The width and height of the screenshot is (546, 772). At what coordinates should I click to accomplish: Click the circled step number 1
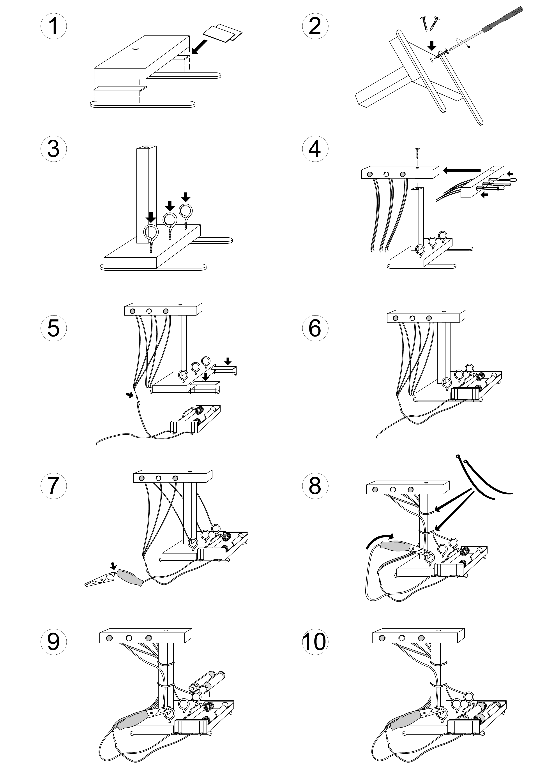(53, 26)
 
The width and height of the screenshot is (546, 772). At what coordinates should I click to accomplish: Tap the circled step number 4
(315, 149)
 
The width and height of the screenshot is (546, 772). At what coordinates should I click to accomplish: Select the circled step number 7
(53, 486)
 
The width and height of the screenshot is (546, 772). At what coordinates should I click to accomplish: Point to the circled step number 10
(315, 642)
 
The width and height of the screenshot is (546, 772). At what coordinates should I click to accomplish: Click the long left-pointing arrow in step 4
(461, 171)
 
